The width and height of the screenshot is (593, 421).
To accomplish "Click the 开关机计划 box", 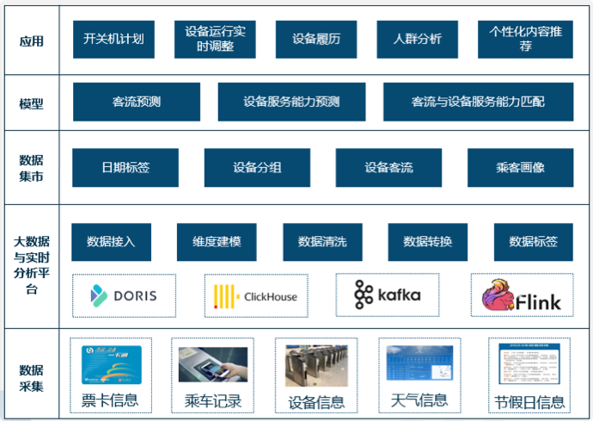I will point(113,40).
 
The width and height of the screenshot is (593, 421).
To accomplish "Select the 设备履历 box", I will point(315,40).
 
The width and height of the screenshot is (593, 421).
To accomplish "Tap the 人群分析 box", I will point(417,40).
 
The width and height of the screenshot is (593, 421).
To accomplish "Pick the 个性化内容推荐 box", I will point(525,40).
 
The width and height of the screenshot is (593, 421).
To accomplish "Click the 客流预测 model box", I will point(137,102).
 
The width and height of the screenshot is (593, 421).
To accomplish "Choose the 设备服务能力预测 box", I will point(291,102).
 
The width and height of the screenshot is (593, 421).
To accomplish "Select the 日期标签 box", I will point(125,168).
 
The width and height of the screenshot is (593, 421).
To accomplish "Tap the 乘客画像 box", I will point(520,168).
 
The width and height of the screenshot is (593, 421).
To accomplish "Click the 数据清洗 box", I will point(322,242).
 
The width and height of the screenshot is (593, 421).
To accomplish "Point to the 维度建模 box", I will point(217,242).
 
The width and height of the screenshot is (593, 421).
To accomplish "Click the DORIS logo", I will point(124,296).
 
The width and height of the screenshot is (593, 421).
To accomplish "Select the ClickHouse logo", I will point(256,296).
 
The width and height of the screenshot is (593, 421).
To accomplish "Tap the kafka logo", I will point(388,295).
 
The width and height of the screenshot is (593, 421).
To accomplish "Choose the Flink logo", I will point(522,295).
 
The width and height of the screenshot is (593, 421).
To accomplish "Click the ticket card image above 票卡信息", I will point(111,364).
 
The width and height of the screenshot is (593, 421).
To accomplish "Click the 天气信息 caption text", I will point(419,400).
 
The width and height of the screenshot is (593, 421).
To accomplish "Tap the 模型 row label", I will point(31,103).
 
